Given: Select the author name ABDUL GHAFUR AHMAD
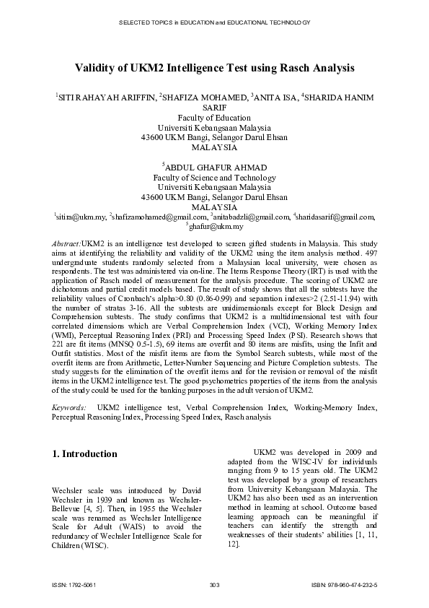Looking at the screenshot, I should coord(216,168).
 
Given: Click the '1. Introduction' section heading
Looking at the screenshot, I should coord(85,454).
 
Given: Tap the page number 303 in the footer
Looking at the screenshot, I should coord(214,583).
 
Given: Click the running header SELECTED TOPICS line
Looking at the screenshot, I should coord(214,23).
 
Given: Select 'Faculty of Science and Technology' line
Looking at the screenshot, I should coord(214,178).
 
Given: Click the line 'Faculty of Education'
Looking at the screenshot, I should coord(214,118).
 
